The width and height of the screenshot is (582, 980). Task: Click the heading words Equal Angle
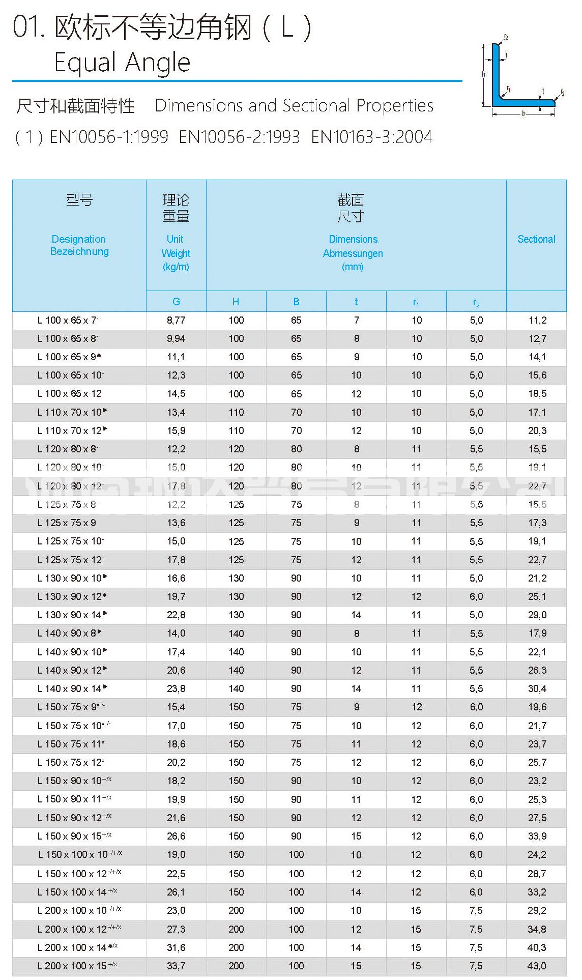point(122,63)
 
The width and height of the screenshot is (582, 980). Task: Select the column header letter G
point(176,302)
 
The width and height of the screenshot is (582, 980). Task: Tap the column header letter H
point(236,302)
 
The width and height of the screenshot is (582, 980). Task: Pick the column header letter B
point(296,302)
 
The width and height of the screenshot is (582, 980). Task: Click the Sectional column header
point(536,239)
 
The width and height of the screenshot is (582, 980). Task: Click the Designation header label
point(79,239)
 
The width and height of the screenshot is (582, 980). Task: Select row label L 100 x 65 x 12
point(70,394)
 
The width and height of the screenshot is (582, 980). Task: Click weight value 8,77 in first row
point(176,320)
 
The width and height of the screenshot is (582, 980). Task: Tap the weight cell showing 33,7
point(176,966)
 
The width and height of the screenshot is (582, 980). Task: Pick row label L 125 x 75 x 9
point(67,523)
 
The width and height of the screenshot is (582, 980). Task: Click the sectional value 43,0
point(537,966)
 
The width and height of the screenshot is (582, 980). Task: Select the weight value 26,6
point(176,836)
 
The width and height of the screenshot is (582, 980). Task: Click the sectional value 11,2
point(537,320)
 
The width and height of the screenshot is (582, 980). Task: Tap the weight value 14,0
point(176,633)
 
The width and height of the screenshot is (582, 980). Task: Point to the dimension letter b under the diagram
point(523,113)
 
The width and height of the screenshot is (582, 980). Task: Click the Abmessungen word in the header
point(353,253)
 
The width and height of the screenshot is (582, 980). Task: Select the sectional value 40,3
point(537,947)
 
